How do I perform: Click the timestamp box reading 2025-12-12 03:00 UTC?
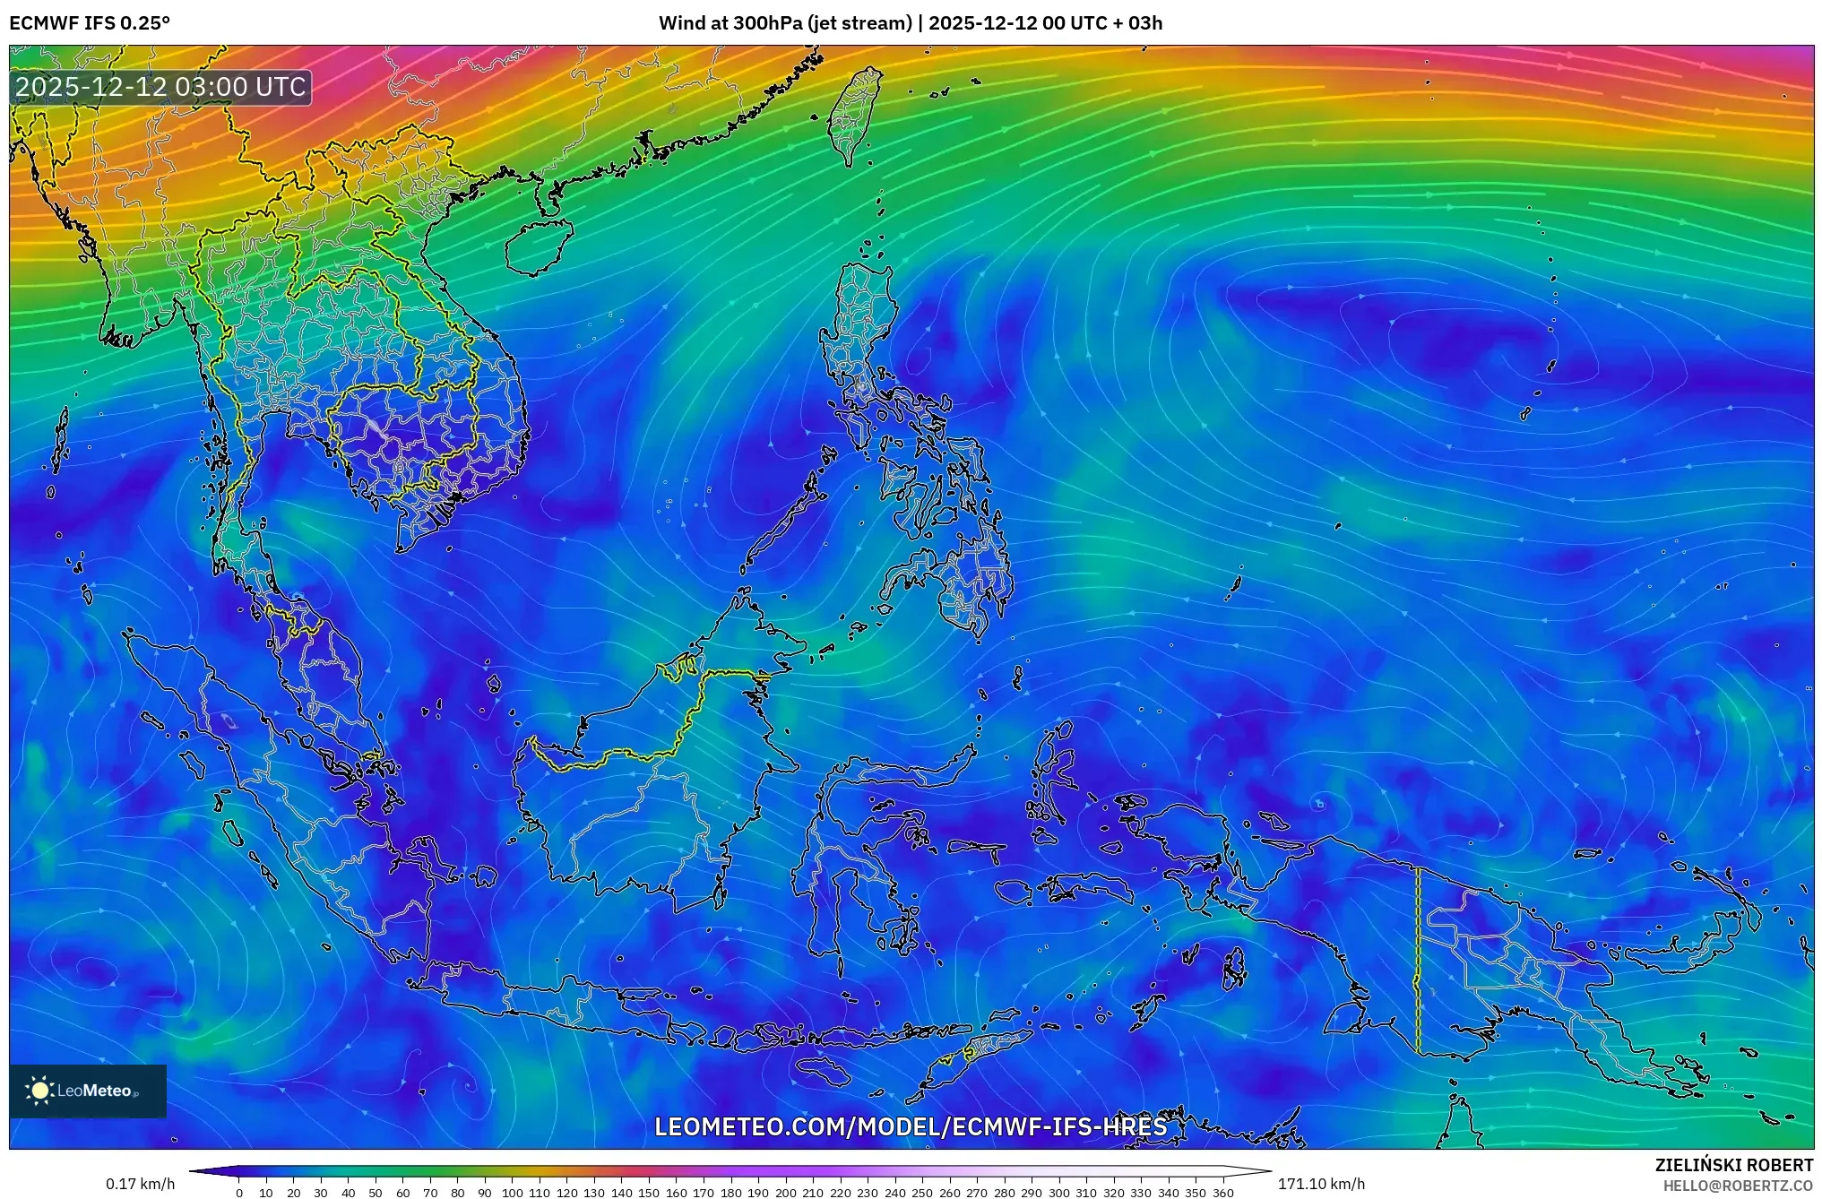(x=161, y=87)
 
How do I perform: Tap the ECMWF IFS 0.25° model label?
(x=90, y=23)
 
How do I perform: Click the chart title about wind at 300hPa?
(x=911, y=23)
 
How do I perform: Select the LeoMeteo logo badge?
(x=88, y=1091)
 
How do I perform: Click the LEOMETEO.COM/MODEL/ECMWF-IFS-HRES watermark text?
(x=911, y=1126)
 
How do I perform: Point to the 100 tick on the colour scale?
(x=512, y=1193)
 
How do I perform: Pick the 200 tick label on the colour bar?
(x=785, y=1193)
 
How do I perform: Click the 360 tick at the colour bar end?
(x=1223, y=1193)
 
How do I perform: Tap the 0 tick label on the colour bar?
(x=239, y=1193)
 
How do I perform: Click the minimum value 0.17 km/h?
(x=140, y=1184)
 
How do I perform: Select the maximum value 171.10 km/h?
(x=1321, y=1184)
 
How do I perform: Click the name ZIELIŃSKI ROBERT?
(x=1733, y=1165)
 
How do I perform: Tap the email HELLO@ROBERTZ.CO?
(x=1738, y=1186)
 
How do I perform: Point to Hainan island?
(x=537, y=246)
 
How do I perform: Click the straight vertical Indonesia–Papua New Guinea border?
(x=1418, y=959)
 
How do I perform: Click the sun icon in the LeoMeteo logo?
(x=40, y=1091)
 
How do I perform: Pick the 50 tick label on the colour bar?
(x=376, y=1193)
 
